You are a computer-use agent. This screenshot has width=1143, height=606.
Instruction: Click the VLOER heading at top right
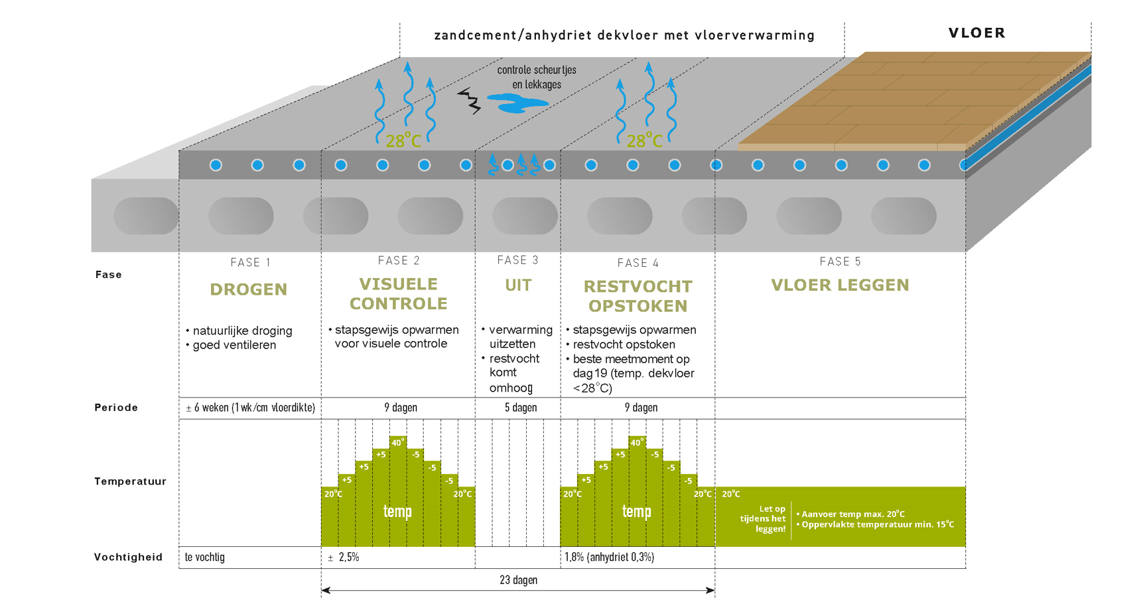coord(976,33)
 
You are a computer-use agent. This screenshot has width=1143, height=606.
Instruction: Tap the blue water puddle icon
coord(517,103)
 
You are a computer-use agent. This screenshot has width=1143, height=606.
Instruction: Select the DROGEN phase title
coord(249,289)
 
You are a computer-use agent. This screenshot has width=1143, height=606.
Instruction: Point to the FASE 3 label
coord(517,260)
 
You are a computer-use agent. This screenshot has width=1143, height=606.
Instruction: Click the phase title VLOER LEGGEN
coord(840,285)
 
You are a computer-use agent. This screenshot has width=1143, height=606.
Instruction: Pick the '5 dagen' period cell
coord(521,408)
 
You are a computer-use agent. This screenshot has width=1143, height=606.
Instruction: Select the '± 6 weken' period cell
coord(250,408)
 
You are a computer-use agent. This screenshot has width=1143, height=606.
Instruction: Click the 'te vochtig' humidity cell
coord(205,558)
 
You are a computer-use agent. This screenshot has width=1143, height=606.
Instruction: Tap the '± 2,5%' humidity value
coord(344,558)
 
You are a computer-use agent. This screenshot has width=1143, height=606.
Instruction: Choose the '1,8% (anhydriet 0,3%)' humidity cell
coord(609,558)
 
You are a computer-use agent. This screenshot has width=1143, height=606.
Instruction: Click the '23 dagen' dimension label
coord(518,580)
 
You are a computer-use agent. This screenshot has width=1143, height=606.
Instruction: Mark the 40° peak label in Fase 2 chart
coord(397,443)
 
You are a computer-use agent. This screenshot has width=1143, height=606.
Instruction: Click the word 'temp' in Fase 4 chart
coord(636,512)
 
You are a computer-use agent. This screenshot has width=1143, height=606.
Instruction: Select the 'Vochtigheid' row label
coord(128,557)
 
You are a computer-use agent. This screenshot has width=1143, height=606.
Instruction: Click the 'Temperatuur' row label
coord(130,481)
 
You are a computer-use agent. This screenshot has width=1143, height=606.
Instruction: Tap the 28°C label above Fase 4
coord(644,141)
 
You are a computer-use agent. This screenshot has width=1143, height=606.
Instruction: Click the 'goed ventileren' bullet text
coord(234,345)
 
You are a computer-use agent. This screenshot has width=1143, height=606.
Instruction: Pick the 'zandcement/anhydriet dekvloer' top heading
coord(624,35)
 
